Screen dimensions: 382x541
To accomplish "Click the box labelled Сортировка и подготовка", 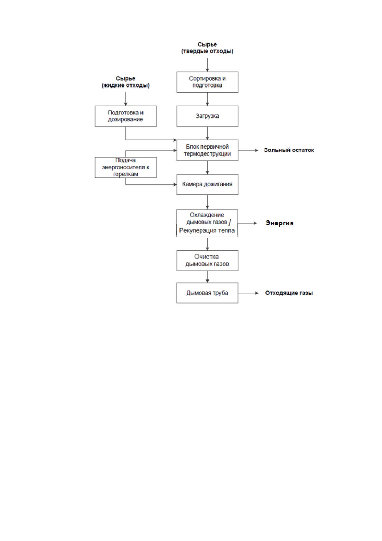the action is [207, 82].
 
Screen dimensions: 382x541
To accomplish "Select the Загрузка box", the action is [207, 116].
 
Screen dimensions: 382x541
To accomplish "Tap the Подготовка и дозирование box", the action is [125, 116].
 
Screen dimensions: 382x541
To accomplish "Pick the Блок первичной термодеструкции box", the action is [207, 150].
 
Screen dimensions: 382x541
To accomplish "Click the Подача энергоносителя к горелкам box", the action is [125, 167].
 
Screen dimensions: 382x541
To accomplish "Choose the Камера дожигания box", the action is [207, 184].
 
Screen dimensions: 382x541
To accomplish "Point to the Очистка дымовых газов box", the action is [207, 261].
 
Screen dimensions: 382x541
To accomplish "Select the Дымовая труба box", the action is [207, 293].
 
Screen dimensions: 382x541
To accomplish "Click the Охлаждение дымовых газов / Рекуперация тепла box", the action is [207, 223].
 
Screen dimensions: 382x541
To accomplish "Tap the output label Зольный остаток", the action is [289, 150].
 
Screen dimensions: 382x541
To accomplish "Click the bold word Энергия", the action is [279, 223].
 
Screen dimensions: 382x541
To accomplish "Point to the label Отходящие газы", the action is [289, 293].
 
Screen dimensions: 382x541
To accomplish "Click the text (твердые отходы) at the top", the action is [207, 51].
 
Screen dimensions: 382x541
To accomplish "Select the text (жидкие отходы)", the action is [125, 85].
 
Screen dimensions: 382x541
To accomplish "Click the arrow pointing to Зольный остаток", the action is [248, 150].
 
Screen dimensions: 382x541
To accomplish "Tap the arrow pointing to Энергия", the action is [247, 223].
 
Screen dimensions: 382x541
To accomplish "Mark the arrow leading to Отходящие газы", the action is [248, 293].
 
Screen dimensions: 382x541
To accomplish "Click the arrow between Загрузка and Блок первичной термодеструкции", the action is [207, 133].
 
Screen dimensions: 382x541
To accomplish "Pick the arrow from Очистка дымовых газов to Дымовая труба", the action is [207, 277].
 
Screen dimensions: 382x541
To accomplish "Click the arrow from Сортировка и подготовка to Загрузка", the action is [207, 99].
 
